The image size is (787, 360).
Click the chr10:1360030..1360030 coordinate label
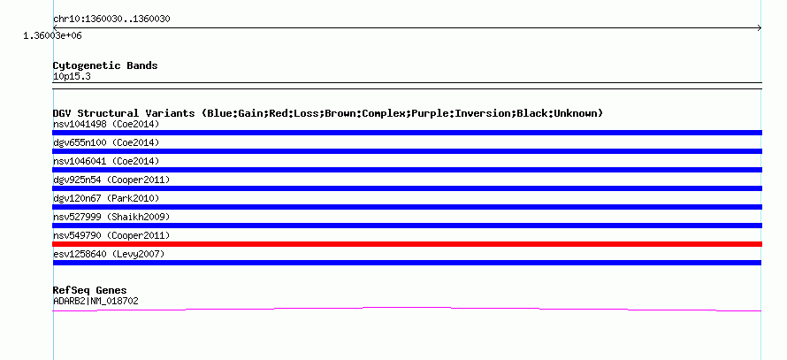[111, 19]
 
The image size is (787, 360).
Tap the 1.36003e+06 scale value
[52, 36]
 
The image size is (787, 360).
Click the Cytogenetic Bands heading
[105, 65]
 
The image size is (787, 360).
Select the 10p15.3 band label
[72, 77]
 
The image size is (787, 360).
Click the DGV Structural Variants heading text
[328, 113]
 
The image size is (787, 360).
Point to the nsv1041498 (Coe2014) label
[106, 124]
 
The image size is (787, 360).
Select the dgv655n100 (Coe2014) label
[106, 142]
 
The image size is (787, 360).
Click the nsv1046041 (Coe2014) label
[106, 161]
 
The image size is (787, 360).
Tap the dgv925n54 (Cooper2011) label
[111, 180]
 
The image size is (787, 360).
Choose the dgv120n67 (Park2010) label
[106, 198]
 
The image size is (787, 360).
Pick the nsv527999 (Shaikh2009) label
[111, 217]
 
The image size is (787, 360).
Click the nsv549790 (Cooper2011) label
[111, 235]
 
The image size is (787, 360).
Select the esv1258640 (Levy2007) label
[109, 254]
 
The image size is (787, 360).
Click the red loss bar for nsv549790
[407, 244]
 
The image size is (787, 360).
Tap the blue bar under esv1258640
[407, 263]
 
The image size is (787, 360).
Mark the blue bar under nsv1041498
[407, 133]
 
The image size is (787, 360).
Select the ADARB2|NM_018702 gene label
[96, 302]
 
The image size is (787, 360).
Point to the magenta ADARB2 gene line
[407, 307]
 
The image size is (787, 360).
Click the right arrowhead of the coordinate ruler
[760, 28]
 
